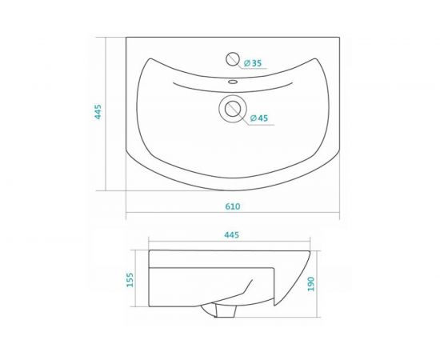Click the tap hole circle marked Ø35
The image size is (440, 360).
click(x=233, y=58)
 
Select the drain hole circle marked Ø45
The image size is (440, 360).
click(x=234, y=108)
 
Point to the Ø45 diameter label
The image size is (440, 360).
click(x=258, y=118)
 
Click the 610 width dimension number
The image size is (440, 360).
click(x=232, y=207)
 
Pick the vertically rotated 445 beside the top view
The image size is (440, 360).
click(x=98, y=112)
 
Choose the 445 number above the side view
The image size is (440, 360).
click(x=232, y=235)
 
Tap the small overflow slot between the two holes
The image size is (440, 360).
click(x=232, y=81)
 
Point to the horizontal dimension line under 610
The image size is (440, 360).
click(x=232, y=215)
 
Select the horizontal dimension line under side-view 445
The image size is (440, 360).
click(x=232, y=242)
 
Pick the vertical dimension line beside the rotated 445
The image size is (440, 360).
click(x=107, y=112)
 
